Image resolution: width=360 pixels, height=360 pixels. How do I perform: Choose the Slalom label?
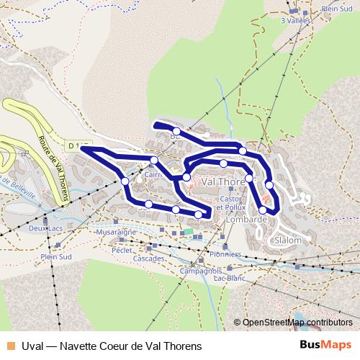pyautogui.click(x=287, y=240)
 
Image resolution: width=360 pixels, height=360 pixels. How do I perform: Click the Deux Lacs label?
pyautogui.click(x=45, y=228)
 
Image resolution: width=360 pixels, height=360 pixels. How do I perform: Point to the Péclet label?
pyautogui.click(x=122, y=250)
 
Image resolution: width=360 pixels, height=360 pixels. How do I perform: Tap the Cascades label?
pyautogui.click(x=149, y=258)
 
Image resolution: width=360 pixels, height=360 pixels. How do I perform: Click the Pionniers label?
pyautogui.click(x=225, y=253)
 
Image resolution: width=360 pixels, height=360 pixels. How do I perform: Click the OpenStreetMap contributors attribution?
pyautogui.click(x=297, y=323)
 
